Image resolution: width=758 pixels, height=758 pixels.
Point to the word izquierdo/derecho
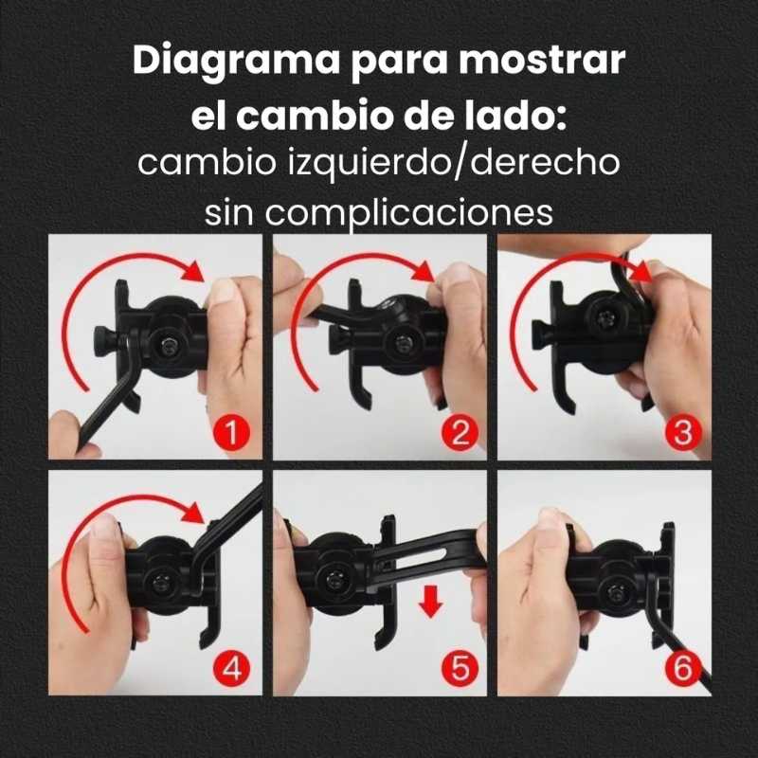coord(454,162)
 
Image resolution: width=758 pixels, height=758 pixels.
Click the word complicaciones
coord(408,212)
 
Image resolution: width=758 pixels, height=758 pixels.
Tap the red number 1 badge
coord(231,432)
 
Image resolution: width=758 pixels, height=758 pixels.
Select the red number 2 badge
coord(460,432)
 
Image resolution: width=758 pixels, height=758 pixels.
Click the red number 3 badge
coord(682,432)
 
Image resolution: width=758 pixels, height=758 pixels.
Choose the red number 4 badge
coord(231,669)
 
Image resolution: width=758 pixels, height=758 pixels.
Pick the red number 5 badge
coord(460,669)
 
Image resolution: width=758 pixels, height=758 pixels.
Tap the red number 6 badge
coord(682,669)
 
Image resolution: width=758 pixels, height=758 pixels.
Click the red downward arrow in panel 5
coord(430,601)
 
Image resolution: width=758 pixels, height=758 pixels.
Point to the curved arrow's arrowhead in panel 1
coord(194,271)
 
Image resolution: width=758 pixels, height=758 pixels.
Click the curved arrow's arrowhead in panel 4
coord(194,513)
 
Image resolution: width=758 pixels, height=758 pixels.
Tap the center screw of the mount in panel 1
coord(169,345)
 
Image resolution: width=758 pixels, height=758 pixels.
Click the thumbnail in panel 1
coord(224,293)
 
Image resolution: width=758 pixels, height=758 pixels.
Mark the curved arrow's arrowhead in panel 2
coord(423,271)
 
